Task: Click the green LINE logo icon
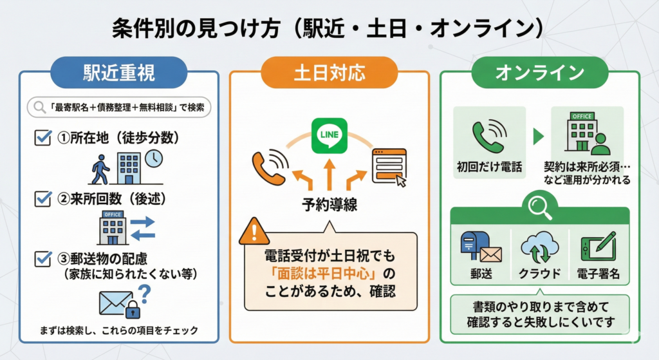(329, 134)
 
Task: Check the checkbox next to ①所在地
(42, 137)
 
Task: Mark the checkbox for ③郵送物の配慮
(42, 258)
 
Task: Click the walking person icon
(101, 169)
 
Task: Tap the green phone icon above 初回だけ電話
(488, 135)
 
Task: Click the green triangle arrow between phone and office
(538, 136)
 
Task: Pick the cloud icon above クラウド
(539, 245)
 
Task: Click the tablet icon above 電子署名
(597, 246)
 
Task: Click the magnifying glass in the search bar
(37, 107)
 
